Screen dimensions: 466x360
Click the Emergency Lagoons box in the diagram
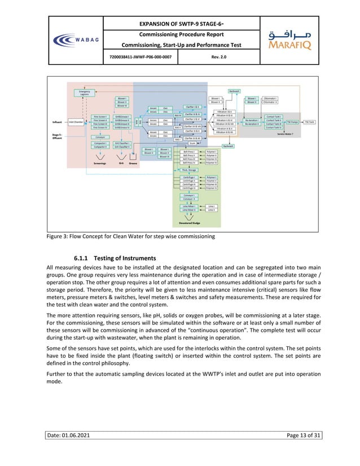(85, 93)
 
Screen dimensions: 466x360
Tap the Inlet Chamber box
(76, 121)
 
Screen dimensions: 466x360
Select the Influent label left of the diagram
(57, 121)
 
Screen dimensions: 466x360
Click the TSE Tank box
(310, 121)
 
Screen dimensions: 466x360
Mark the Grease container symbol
(133, 156)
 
